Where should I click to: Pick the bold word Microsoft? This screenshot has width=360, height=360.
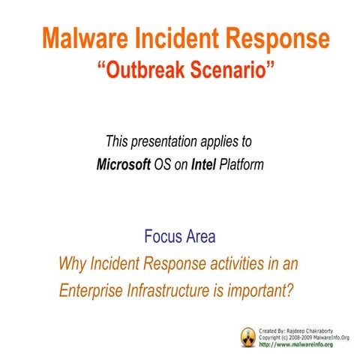click(124, 163)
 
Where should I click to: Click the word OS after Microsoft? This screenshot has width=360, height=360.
click(163, 163)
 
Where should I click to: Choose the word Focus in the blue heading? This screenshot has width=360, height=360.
click(161, 238)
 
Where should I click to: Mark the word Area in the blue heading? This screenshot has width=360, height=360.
click(199, 238)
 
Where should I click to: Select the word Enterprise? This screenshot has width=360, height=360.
click(91, 289)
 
